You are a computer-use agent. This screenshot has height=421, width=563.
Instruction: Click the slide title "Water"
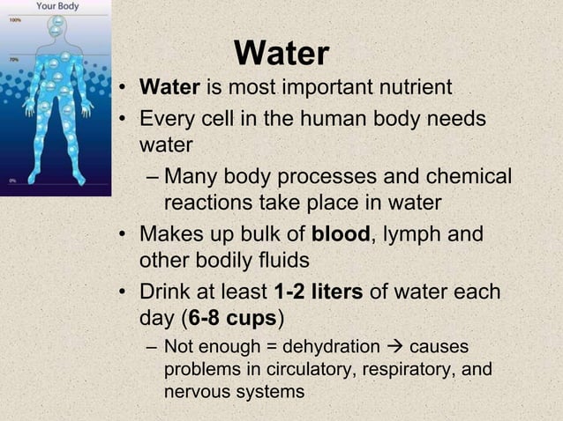point(282,55)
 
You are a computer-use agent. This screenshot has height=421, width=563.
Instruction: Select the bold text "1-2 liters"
point(319,292)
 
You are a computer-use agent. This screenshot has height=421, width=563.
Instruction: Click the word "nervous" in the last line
point(195,391)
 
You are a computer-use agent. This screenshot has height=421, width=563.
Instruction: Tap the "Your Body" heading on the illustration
point(56,6)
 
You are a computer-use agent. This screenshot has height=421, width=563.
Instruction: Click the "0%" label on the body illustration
point(12,180)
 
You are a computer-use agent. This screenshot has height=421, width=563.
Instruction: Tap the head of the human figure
point(56,27)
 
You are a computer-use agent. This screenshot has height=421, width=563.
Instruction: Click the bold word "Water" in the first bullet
point(169,89)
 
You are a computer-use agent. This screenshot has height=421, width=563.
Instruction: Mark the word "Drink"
point(168,292)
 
